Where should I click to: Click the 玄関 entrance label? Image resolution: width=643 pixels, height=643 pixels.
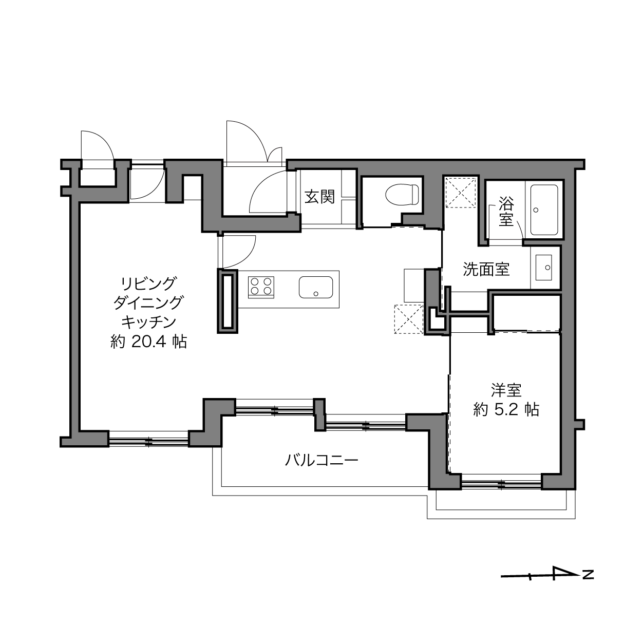(319, 196)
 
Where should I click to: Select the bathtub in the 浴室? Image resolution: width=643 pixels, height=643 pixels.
(544, 210)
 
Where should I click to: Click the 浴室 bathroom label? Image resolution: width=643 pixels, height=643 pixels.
(506, 212)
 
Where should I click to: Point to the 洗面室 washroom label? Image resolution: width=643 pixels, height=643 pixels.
(486, 270)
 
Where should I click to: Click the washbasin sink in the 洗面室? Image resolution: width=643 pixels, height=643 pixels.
(543, 268)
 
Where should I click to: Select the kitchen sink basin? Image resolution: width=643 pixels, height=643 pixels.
(316, 287)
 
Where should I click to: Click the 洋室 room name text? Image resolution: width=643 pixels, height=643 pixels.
(506, 390)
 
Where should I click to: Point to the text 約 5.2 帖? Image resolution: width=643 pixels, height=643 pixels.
(506, 409)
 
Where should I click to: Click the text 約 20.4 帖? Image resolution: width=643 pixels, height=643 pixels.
(148, 342)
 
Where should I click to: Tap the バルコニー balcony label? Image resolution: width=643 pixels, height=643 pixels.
(321, 461)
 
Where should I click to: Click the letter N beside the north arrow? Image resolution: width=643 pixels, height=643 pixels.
(588, 575)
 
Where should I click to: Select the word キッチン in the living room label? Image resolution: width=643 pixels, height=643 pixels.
(148, 323)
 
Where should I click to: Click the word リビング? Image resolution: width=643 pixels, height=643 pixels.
(148, 284)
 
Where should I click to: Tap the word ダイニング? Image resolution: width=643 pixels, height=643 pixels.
(148, 303)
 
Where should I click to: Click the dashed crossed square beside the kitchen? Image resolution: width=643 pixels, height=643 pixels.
(409, 319)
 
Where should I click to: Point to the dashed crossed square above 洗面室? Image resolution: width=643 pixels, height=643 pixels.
(461, 193)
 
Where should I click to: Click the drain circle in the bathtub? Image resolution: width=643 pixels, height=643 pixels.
(536, 210)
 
